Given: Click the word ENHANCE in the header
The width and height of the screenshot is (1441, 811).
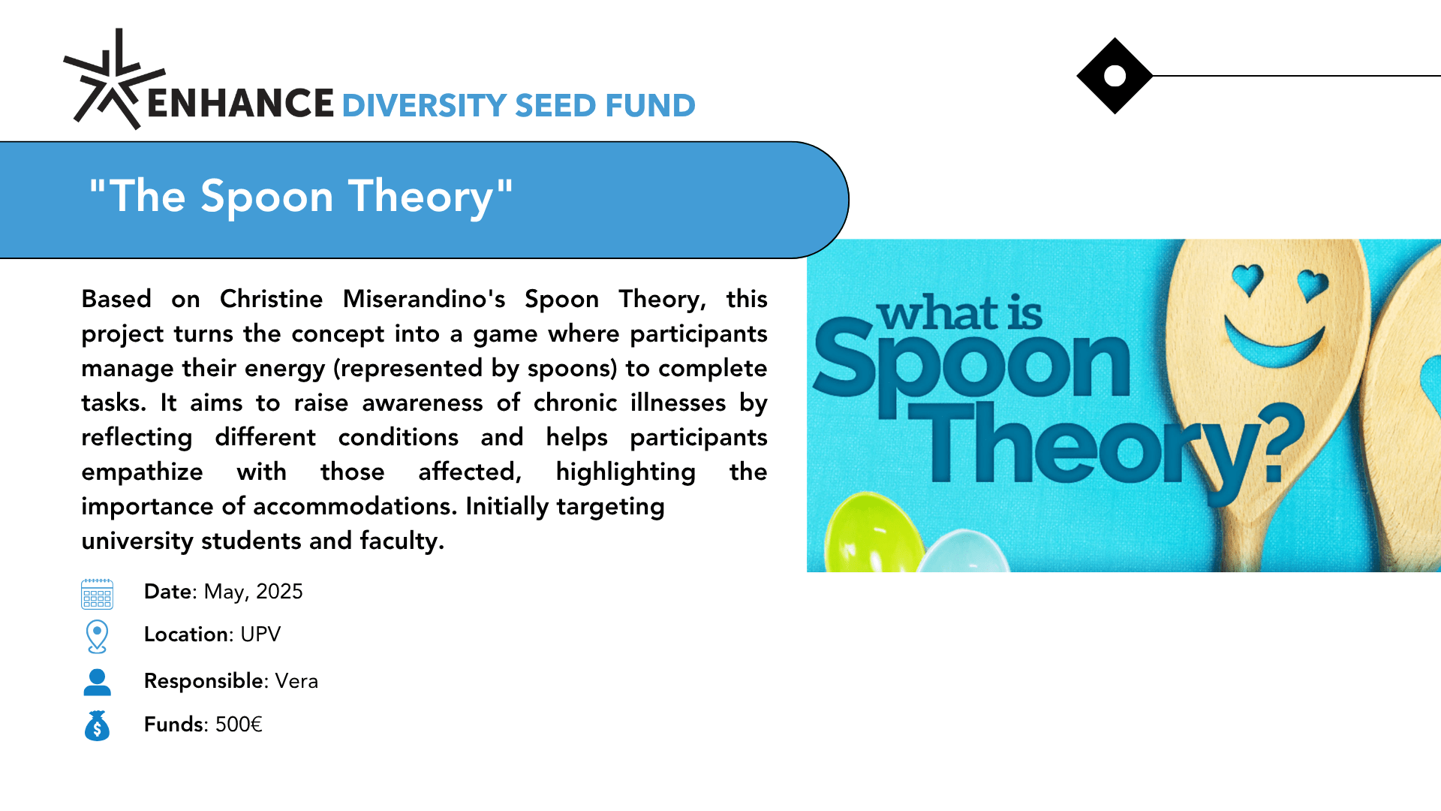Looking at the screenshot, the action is [x=241, y=103].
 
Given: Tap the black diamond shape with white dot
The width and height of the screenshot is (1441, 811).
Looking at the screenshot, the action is [x=1115, y=76].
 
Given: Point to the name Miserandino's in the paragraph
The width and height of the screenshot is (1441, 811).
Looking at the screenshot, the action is [x=424, y=299].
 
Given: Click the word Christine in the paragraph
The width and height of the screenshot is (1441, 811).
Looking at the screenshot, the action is [x=271, y=299].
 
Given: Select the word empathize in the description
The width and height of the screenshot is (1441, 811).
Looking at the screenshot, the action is [x=142, y=473].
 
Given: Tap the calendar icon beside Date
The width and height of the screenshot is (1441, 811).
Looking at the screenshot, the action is [x=97, y=594].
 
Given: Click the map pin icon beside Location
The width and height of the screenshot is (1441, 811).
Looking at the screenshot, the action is [x=97, y=637].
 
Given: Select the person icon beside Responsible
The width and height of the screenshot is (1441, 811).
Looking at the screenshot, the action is [x=97, y=682].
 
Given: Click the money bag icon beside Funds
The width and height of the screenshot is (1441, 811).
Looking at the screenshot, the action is [x=97, y=725].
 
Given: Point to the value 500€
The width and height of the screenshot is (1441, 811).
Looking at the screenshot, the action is [x=239, y=725].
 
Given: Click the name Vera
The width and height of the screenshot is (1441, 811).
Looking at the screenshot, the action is [x=296, y=681].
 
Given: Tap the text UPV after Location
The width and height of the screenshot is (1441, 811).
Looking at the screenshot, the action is [x=260, y=635].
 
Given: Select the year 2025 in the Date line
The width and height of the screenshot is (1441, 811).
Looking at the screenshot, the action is [x=279, y=592].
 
